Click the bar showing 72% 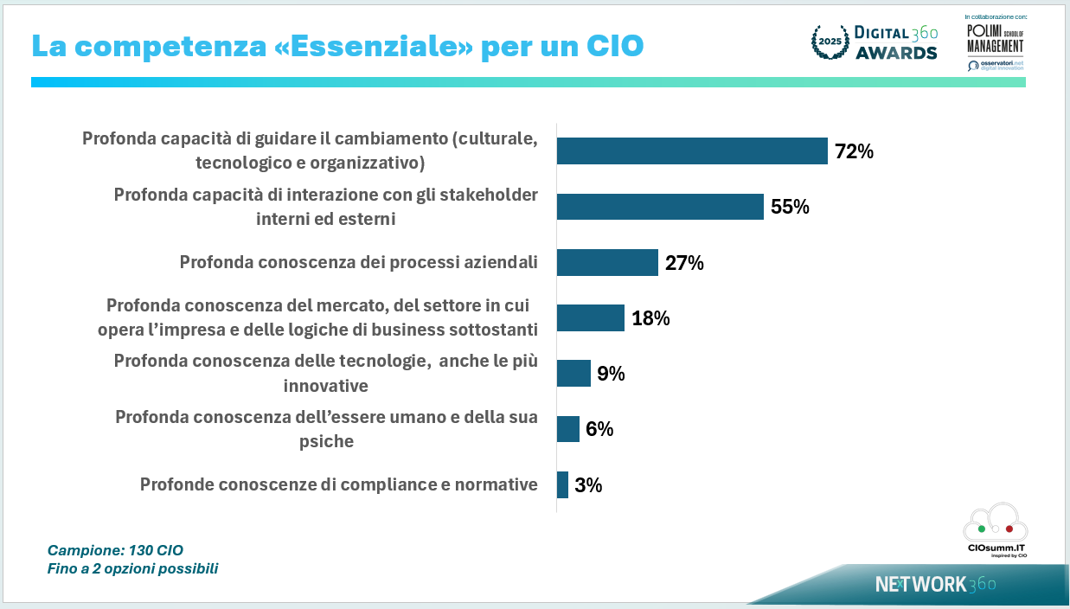(x=692, y=151)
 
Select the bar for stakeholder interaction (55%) (x=660, y=207)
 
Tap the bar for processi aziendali (x=607, y=262)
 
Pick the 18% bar (x=590, y=317)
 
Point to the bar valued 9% (x=573, y=373)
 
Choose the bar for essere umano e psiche (x=567, y=428)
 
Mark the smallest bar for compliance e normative (x=562, y=484)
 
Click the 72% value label (x=854, y=152)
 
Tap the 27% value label (x=684, y=263)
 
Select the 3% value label (x=588, y=485)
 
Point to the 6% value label (x=599, y=429)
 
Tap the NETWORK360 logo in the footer (x=934, y=584)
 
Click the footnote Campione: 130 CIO (x=115, y=550)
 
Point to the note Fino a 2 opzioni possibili (x=132, y=569)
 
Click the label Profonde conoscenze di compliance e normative (x=338, y=484)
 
